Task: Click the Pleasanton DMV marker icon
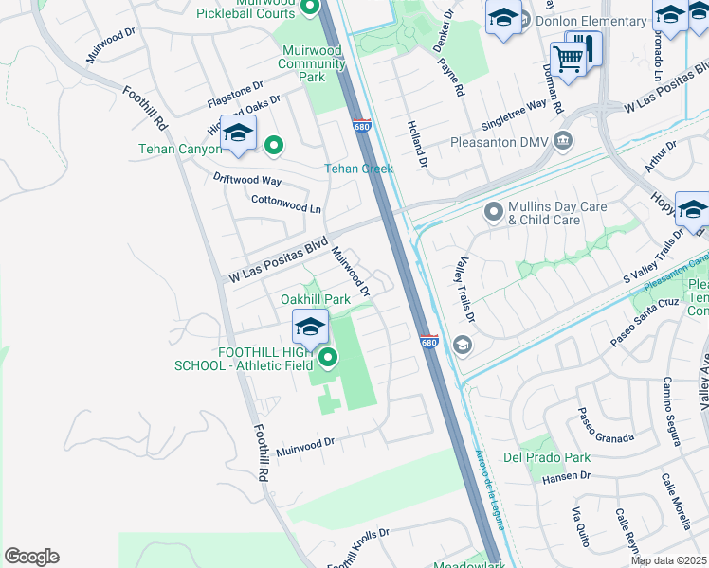563,141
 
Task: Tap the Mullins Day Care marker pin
493,211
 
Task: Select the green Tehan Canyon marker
274,145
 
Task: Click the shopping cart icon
568,58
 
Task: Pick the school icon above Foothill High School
310,327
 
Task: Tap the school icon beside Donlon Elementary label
503,16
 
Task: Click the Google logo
31,557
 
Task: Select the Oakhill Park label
316,299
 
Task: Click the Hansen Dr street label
566,477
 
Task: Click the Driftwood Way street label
247,179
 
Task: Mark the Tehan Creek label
358,169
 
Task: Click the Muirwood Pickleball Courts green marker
310,9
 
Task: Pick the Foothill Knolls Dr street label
358,548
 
